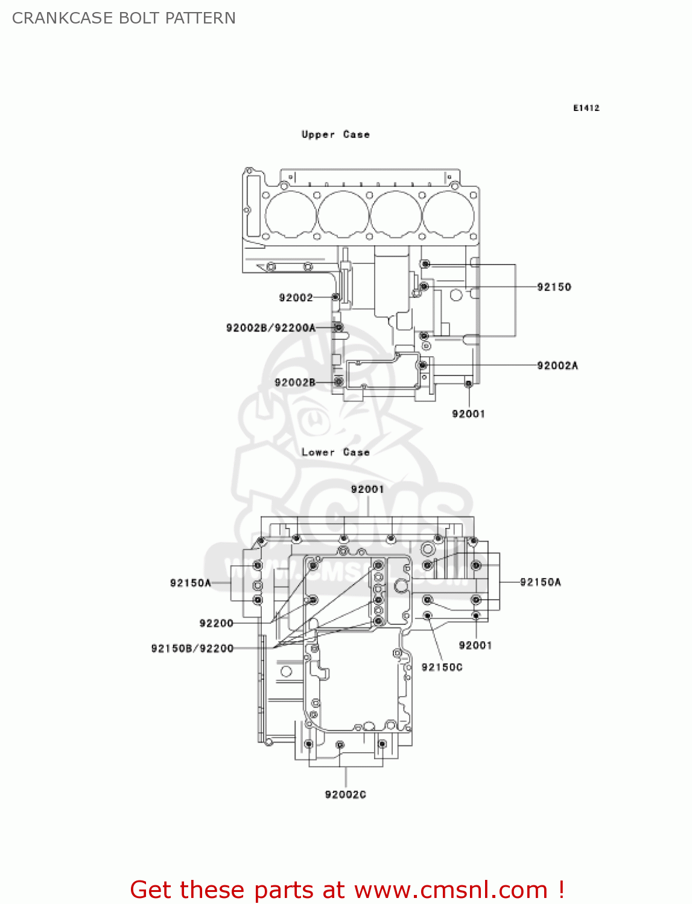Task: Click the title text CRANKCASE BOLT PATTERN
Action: coord(124,18)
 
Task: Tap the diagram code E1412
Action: coord(586,108)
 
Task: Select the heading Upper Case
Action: coord(335,134)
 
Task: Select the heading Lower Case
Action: coord(335,452)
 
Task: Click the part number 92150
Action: coord(554,287)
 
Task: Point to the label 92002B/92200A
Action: coord(270,328)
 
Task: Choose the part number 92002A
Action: coord(557,365)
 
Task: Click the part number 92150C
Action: coord(442,667)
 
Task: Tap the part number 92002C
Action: coord(345,794)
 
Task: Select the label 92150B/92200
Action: coord(192,648)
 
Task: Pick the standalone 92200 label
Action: coord(216,623)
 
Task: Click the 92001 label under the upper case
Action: coord(468,413)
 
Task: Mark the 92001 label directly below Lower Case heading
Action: coord(367,489)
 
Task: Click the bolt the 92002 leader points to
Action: coord(336,297)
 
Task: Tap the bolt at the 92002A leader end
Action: coord(423,365)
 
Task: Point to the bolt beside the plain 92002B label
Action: coord(339,381)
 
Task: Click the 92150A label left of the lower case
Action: coord(190,583)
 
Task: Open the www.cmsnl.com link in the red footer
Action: coord(450,890)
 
